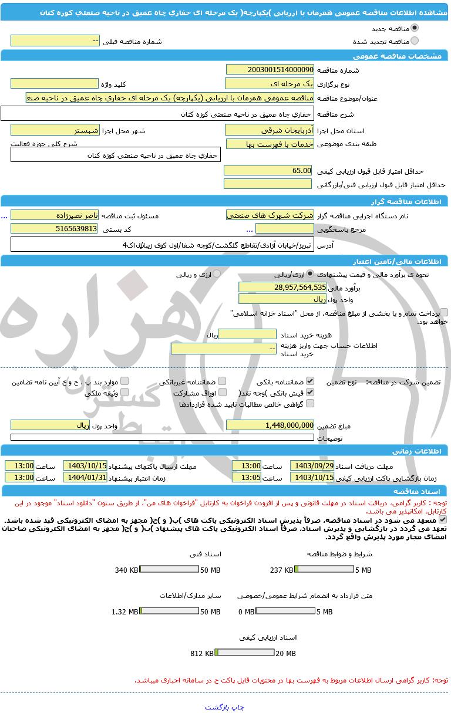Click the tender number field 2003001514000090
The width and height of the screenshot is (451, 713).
pos(270,69)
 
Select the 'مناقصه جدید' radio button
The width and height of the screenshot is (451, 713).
pos(415,28)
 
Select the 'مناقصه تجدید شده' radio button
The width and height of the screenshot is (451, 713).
pos(415,41)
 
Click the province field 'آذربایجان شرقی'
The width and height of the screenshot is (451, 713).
pos(270,130)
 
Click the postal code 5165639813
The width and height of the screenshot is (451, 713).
pos(55,228)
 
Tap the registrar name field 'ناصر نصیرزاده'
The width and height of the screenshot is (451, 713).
pos(55,215)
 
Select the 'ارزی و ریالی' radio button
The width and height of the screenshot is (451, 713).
pos(217,273)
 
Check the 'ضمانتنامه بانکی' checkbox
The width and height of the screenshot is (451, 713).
pos(310,381)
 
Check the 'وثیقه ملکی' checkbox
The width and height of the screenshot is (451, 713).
pos(124,392)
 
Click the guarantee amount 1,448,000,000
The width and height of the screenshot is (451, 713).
pos(270,425)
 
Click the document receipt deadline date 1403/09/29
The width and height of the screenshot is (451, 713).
pos(312,465)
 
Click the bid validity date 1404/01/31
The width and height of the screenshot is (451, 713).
pos(85,477)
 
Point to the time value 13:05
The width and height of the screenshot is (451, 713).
pos(246,477)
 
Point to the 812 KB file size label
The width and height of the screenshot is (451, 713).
pos(202,653)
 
